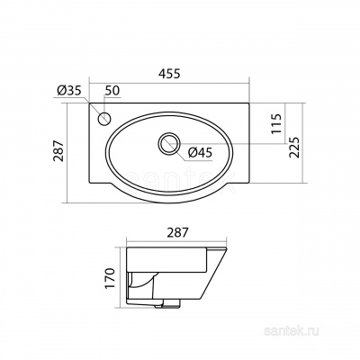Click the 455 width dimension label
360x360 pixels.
(x=170, y=74)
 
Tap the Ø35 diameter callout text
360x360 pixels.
(x=68, y=91)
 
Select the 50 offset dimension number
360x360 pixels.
(x=112, y=90)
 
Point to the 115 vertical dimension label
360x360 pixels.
(x=276, y=123)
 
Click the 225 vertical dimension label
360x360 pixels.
(x=294, y=148)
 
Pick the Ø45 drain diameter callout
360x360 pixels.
(x=200, y=153)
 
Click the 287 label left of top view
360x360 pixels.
(x=59, y=151)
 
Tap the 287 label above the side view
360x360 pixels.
(x=176, y=233)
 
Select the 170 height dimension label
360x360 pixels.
(x=111, y=278)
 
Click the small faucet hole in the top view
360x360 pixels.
(x=103, y=120)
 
